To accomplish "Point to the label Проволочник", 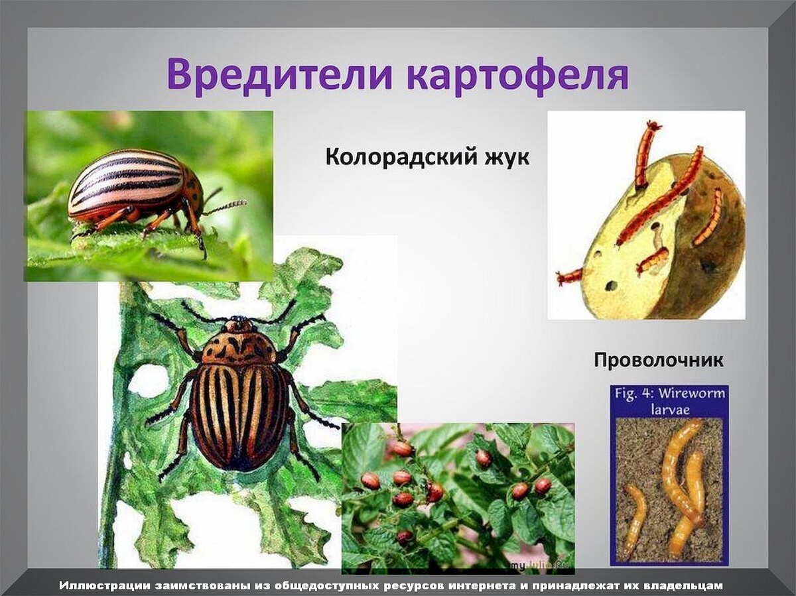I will (x=658, y=361).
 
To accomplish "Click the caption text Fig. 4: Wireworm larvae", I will (x=669, y=400).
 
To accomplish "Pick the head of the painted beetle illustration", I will (x=239, y=326).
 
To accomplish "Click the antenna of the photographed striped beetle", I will (x=226, y=206).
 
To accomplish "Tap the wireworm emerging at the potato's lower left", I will (x=570, y=276).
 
